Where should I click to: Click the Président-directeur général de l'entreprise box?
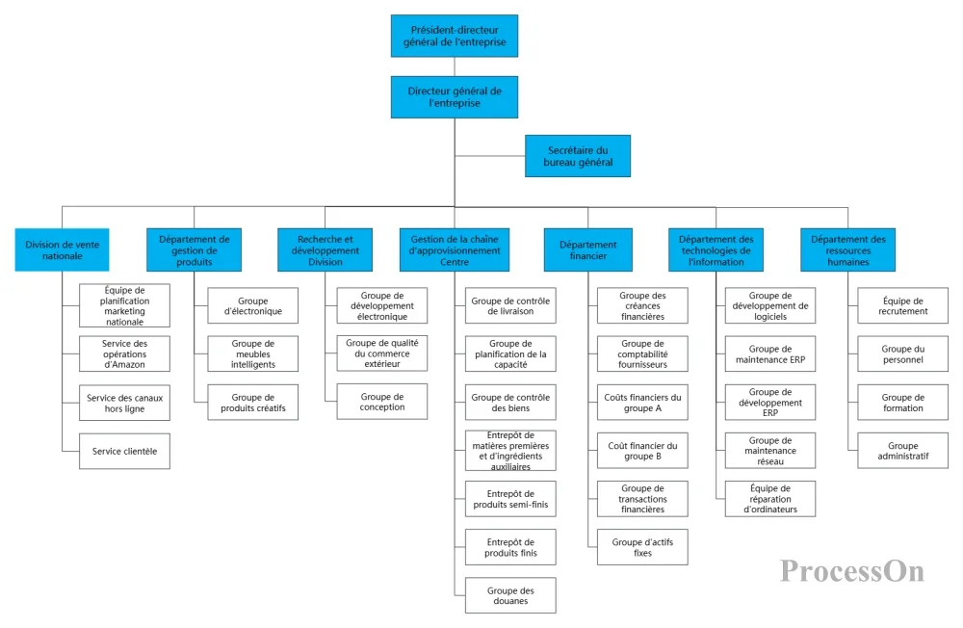[x=455, y=37]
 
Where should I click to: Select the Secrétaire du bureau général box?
[x=578, y=156]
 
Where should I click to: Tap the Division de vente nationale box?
[x=62, y=250]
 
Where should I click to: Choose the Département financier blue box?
[x=587, y=250]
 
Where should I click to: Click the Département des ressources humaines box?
[x=848, y=250]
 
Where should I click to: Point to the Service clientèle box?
[x=124, y=451]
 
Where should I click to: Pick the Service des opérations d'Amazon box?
[x=124, y=353]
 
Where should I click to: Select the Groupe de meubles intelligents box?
[x=253, y=353]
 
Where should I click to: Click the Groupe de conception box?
[x=382, y=402]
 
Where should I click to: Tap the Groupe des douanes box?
[x=511, y=595]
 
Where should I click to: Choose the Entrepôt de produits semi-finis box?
[x=511, y=499]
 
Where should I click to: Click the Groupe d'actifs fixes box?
[x=642, y=547]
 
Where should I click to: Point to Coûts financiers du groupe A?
[x=642, y=403]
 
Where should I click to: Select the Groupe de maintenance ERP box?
[x=770, y=353]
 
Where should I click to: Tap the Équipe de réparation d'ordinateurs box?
[x=770, y=499]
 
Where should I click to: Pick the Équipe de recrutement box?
[x=903, y=305]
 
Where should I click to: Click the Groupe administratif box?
[x=903, y=451]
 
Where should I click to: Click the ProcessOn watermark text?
[x=852, y=571]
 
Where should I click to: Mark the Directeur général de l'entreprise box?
[x=455, y=97]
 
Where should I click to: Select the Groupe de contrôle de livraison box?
[x=511, y=305]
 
